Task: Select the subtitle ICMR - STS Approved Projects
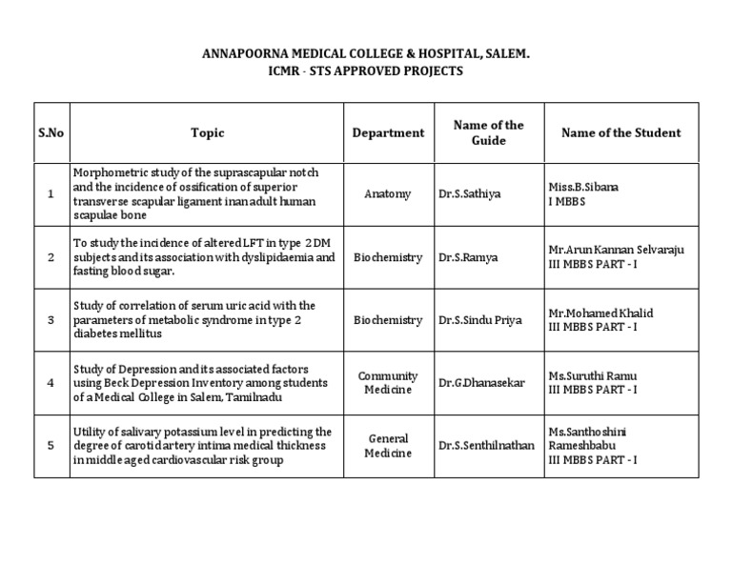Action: pos(367,71)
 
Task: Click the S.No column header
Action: pos(51,133)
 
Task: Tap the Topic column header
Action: pos(207,133)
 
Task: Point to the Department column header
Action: pos(388,133)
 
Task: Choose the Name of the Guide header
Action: pos(488,133)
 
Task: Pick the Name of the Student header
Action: pos(620,133)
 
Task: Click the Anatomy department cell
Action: pos(388,193)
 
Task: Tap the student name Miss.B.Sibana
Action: pos(583,187)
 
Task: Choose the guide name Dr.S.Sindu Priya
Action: pos(479,320)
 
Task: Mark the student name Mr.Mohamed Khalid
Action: pos(600,313)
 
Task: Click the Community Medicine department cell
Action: pos(388,383)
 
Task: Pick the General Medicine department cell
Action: pos(388,446)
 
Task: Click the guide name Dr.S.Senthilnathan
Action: pos(487,446)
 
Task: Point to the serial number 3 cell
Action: pos(51,320)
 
